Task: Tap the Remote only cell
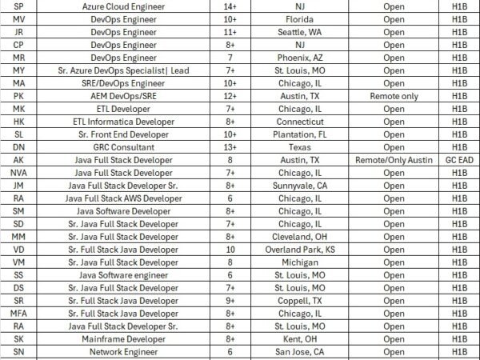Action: (394, 95)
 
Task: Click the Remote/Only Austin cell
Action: (394, 160)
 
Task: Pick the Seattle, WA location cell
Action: (298, 31)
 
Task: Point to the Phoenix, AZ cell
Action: (298, 57)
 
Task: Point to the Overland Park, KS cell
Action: (298, 250)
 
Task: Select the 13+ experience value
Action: (230, 147)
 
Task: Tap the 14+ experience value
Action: (230, 6)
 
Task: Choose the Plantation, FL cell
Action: (298, 134)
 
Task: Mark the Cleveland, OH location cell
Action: (298, 237)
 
